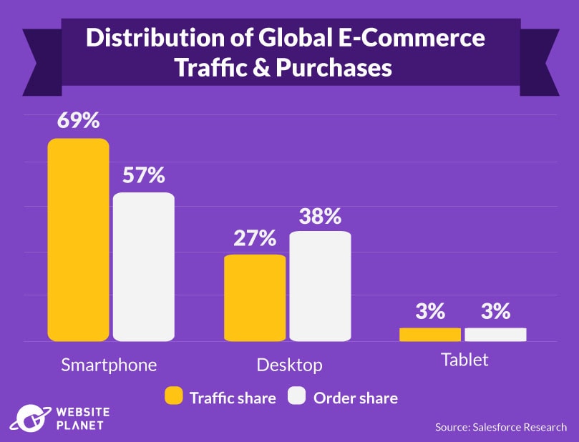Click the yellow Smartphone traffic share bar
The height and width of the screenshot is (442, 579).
coord(78,240)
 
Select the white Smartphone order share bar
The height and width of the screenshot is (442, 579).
coord(144,267)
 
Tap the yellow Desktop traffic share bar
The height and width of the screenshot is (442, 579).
coord(255,298)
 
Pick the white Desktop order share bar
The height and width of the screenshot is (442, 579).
coord(320,286)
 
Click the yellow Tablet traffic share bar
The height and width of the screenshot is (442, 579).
coord(430,334)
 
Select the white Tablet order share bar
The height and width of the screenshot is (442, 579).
coord(495,334)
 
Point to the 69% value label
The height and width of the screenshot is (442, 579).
coord(78,120)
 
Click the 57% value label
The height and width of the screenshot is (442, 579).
coord(144,175)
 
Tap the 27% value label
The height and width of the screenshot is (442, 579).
coord(255,238)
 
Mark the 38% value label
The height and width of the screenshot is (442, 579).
coord(320,216)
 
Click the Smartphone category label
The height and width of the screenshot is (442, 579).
coord(109,364)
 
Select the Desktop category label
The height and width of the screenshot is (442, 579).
coord(289,364)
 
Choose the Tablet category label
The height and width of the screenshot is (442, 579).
coord(464,359)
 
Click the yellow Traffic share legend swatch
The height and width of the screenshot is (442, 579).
coord(174,397)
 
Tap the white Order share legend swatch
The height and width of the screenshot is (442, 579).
coord(297,397)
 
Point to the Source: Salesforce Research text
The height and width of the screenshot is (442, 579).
coord(500,427)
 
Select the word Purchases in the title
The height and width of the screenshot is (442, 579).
coord(336,67)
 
